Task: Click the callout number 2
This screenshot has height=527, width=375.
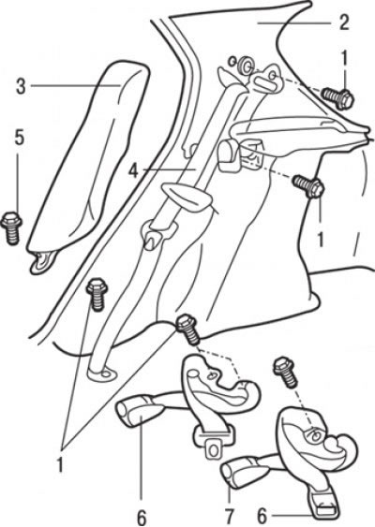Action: pyautogui.click(x=344, y=22)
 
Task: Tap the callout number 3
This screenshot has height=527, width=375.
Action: pyautogui.click(x=22, y=86)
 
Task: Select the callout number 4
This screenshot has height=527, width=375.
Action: pyautogui.click(x=134, y=170)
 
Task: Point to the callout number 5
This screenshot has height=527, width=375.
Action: pyautogui.click(x=20, y=139)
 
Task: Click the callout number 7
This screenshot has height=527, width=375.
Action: pyautogui.click(x=230, y=517)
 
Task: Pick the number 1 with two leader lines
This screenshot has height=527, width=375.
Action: pyautogui.click(x=60, y=465)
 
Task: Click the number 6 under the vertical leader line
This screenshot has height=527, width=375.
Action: pyautogui.click(x=142, y=518)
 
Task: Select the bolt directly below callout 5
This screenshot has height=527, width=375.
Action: pyautogui.click(x=12, y=228)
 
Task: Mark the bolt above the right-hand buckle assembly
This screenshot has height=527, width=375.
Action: pyautogui.click(x=285, y=373)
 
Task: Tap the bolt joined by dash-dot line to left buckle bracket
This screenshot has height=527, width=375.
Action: pyautogui.click(x=188, y=329)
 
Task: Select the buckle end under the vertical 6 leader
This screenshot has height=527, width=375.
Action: pyautogui.click(x=135, y=411)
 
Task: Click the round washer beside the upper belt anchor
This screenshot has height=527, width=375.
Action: pyautogui.click(x=245, y=65)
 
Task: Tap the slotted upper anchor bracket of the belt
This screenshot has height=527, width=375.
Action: pyautogui.click(x=266, y=81)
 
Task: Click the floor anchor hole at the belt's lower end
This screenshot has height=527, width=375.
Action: pyautogui.click(x=106, y=373)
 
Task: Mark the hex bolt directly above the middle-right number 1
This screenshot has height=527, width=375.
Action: pyautogui.click(x=308, y=186)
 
